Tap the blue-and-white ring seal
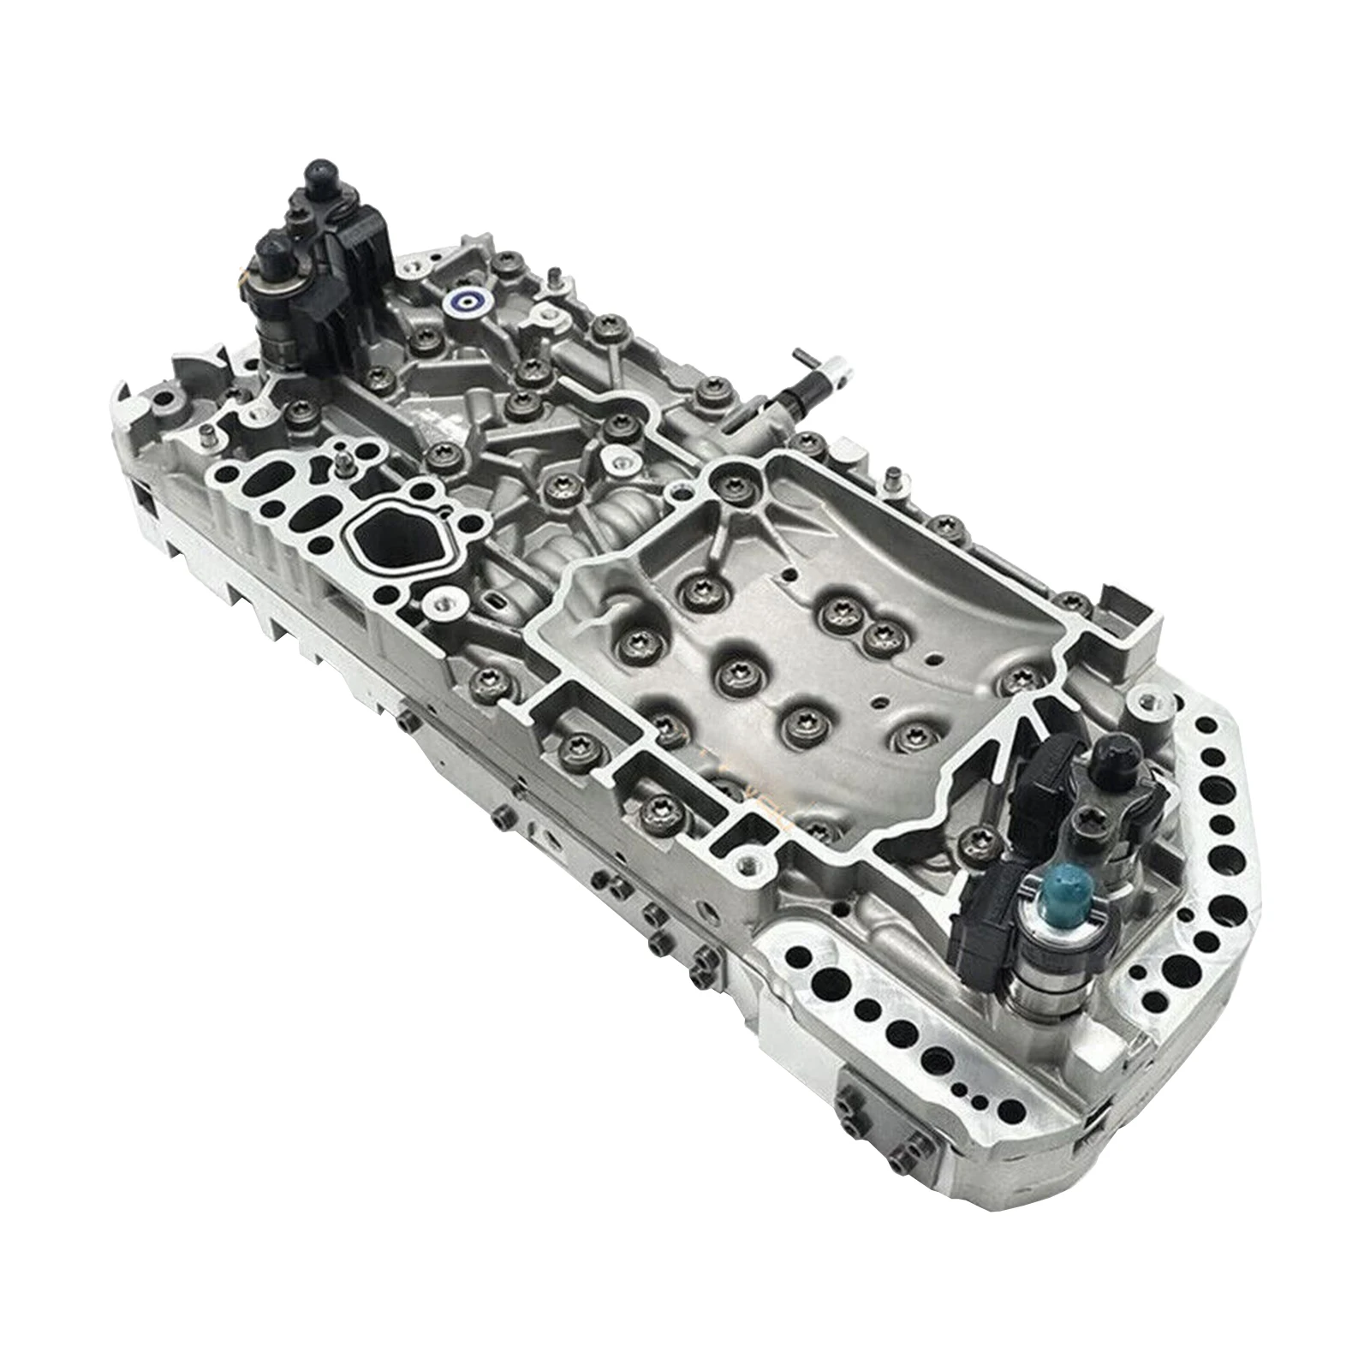(467, 301)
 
